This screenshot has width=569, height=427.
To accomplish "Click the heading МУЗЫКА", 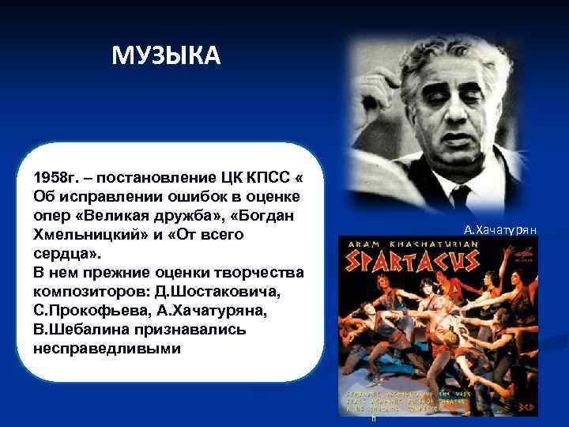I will (166, 56).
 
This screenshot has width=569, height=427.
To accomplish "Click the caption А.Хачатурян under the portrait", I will (500, 231).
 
